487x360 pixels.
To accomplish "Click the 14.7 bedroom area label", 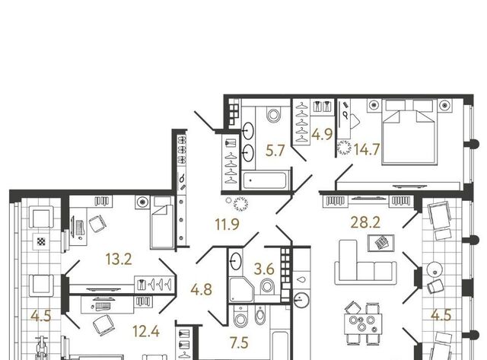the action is coord(367,149).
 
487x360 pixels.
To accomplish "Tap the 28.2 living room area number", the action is coord(365,222).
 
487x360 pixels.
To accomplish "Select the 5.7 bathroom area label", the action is coord(275,151).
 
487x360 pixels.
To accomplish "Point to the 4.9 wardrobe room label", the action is coord(322,135).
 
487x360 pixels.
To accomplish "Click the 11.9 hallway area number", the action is coord(227,225).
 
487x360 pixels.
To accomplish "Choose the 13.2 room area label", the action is coord(119,259).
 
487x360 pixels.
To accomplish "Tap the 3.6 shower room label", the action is coord(264,269).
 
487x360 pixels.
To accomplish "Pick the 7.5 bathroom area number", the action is coord(239,343).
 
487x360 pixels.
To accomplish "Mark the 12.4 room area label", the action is coord(145,331).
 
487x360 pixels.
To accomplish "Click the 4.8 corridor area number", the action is coord(201,289).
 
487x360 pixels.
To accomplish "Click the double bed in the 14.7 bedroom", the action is coord(409,132).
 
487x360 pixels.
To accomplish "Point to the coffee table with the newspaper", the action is coord(381,243).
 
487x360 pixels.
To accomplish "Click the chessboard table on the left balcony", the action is coord(41,242).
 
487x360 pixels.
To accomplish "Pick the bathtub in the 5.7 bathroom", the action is coord(265,180).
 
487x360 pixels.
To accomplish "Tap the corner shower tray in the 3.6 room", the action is coord(242,289).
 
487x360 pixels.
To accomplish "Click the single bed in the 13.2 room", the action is coord(161,222).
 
